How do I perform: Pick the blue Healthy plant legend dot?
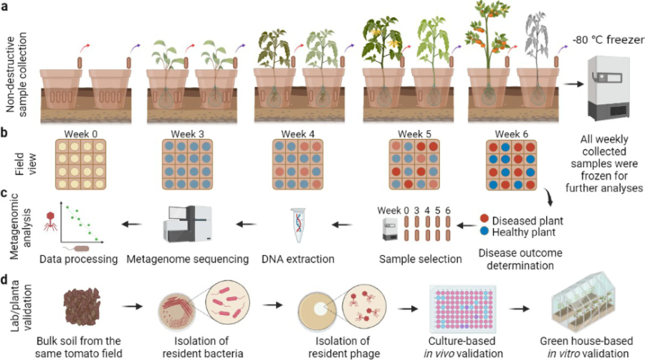[x=485, y=232]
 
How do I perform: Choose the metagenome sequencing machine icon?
[x=188, y=225]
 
